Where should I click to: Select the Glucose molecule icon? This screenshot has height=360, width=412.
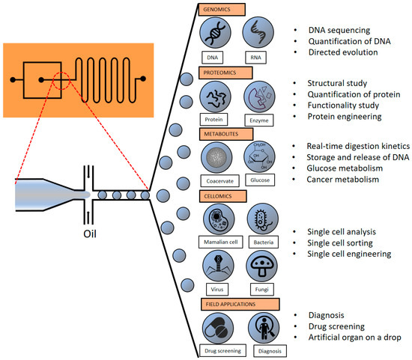[261, 159]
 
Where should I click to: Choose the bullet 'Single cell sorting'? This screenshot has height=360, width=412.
[345, 241]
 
